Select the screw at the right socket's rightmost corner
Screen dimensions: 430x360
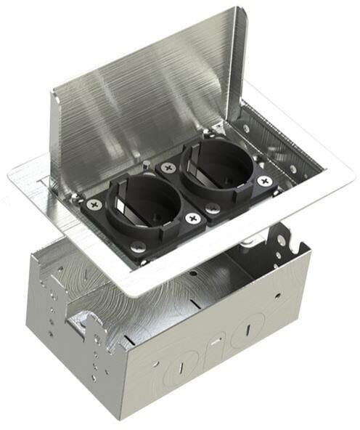(x=264, y=181)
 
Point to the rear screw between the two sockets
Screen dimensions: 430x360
(x=168, y=167)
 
